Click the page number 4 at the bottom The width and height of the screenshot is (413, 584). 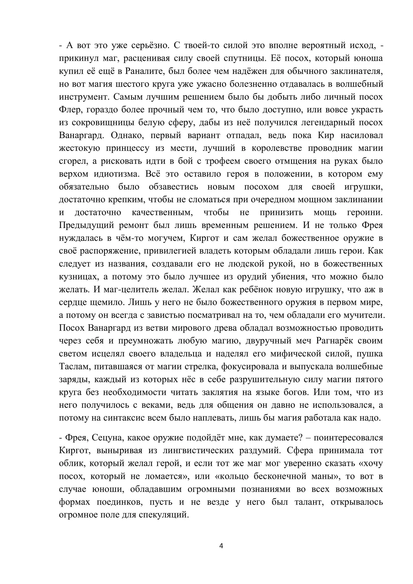click(x=221, y=546)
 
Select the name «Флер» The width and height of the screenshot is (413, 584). click(x=69, y=110)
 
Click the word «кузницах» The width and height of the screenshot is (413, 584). click(x=77, y=277)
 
